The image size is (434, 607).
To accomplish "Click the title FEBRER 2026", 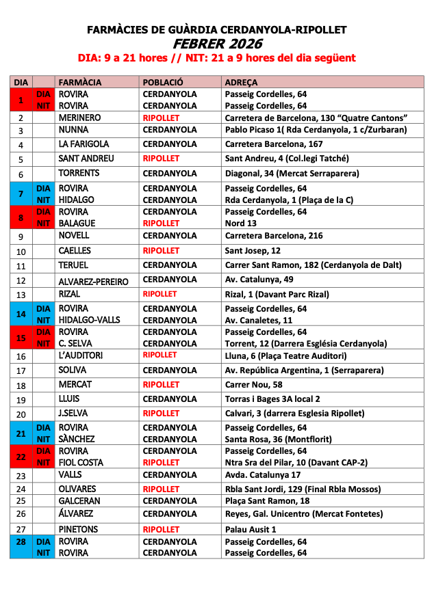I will (x=216, y=44).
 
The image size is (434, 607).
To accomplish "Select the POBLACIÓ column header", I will (x=163, y=82).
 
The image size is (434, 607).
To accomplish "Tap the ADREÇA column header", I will (x=241, y=82).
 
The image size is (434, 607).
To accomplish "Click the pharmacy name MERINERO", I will (x=79, y=118).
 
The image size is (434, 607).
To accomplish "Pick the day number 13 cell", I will (x=21, y=295).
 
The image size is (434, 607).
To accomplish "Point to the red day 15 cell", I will (x=21, y=338).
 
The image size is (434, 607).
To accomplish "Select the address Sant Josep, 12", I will (x=253, y=251).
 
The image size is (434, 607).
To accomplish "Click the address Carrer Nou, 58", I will (x=254, y=385).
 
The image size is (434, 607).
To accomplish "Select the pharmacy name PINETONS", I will (x=78, y=529).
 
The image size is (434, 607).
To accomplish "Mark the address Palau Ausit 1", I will (x=251, y=529).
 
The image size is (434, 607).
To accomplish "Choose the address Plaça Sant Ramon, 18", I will (x=266, y=500).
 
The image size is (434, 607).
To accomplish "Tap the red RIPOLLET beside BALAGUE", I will (x=161, y=223).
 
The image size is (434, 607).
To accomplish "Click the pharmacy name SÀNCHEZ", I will (x=77, y=439).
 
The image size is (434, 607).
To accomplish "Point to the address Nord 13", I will (x=242, y=223).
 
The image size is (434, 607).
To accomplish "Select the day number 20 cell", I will (x=21, y=414).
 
